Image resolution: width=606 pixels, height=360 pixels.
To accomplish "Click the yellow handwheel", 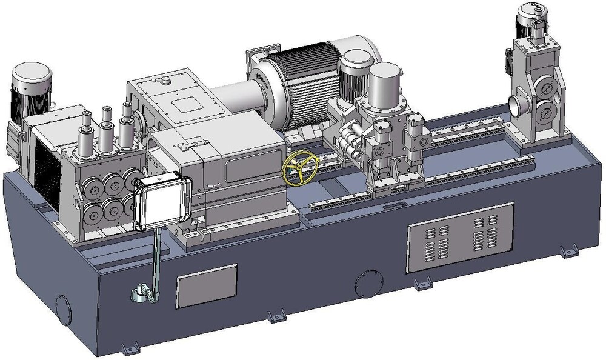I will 299,168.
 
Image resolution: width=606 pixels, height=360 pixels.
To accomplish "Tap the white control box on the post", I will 162,203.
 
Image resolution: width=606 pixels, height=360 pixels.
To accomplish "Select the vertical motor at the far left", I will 31,90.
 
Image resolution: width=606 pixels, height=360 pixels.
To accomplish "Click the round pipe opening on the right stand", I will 519,103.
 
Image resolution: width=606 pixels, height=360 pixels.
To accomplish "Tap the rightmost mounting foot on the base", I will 568,251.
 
